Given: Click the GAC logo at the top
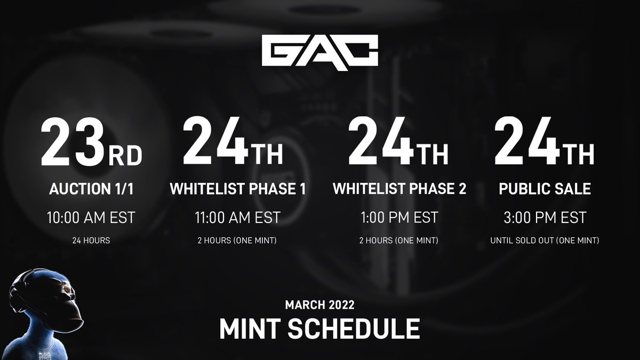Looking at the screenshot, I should point(320,51).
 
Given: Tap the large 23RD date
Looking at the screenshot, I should point(91,143).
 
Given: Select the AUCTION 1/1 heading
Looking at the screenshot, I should point(91,189).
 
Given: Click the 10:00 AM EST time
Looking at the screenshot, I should point(91,218).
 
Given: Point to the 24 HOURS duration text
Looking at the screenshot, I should point(91,241).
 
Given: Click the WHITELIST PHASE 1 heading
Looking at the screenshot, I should point(237,189).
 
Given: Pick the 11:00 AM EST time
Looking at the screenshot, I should point(237,218).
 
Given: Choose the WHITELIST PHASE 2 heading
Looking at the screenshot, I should point(399,189).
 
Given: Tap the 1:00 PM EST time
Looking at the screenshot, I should point(399,218).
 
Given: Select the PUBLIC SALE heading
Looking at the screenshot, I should point(544,189).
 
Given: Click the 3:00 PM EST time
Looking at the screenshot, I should point(544,218).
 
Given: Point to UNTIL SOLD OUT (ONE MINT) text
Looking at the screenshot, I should point(544,241).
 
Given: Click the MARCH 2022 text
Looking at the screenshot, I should point(319,305).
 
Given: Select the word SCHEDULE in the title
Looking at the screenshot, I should point(353,329).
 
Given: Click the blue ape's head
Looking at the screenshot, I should point(45,296).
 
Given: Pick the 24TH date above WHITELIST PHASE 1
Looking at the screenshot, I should point(233,143).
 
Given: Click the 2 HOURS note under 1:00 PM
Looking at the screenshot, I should point(399,241).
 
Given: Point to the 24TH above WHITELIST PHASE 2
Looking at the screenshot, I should point(397,143).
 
